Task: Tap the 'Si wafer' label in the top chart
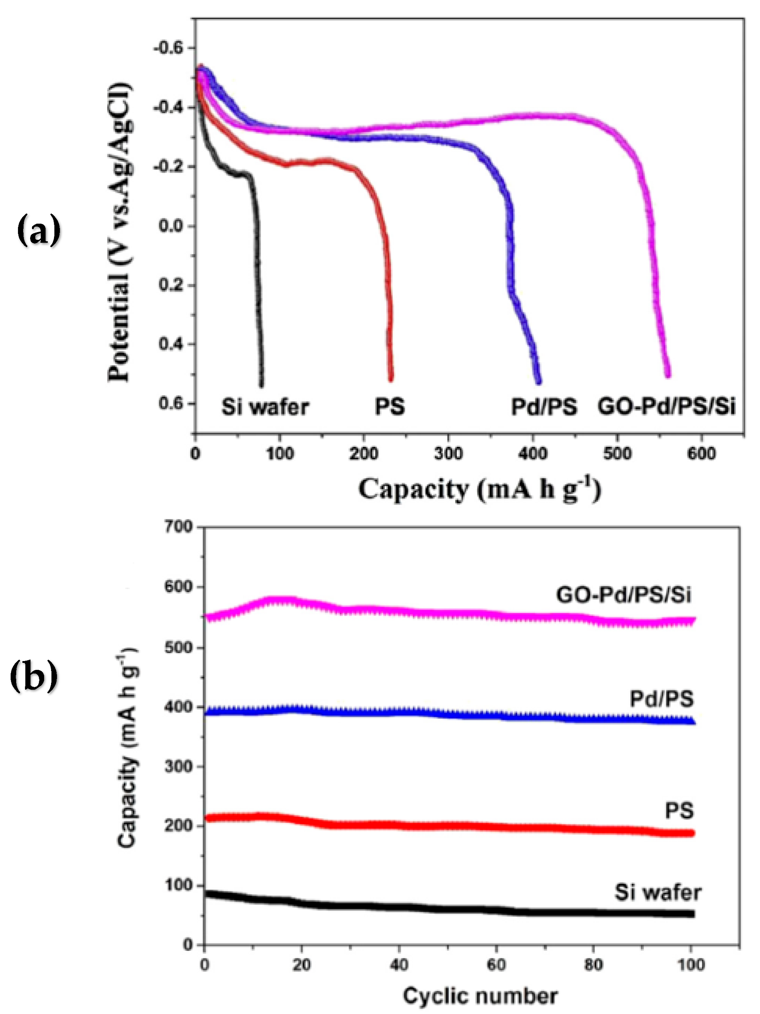(265, 407)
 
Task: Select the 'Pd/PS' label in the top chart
(544, 407)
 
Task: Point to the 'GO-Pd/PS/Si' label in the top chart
(666, 407)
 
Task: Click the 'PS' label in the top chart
(390, 407)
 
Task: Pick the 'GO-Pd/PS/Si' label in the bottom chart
(623, 595)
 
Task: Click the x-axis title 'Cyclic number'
(480, 996)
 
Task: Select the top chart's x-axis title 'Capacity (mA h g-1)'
(479, 490)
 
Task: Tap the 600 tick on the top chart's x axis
(701, 454)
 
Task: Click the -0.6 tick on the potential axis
(168, 48)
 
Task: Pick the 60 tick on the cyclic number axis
(496, 965)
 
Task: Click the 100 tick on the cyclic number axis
(691, 965)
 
